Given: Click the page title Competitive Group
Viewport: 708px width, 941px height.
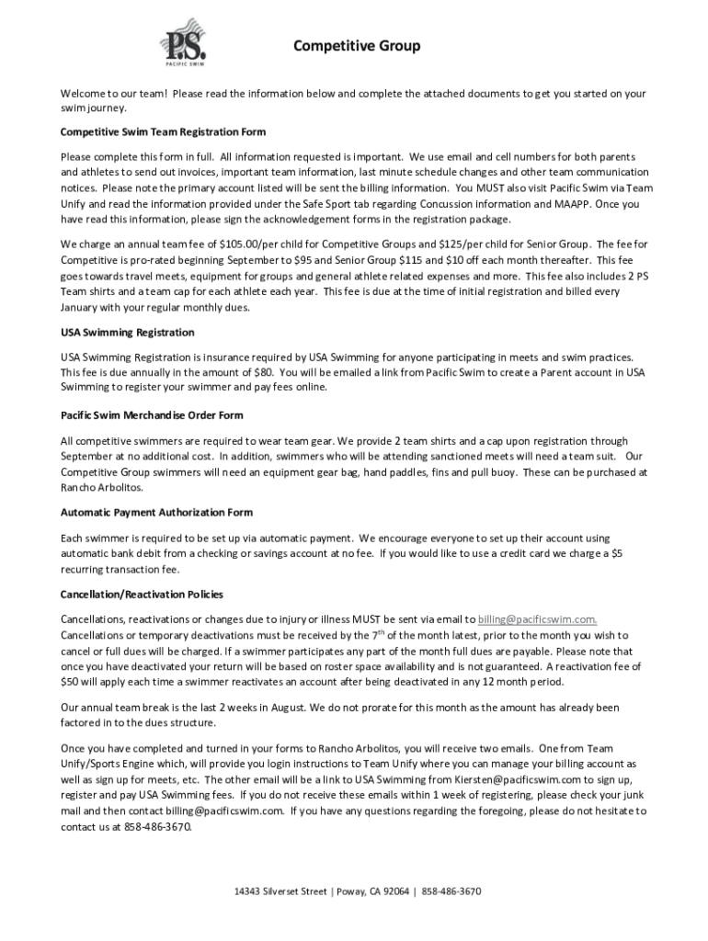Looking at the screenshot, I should [x=357, y=46].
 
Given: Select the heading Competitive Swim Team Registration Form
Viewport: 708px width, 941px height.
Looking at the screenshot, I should [x=163, y=131].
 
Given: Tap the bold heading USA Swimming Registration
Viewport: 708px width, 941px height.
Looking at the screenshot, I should [x=127, y=332].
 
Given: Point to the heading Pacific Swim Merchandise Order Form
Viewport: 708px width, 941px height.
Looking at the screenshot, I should [x=152, y=415].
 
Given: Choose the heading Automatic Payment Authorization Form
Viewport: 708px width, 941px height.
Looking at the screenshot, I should [x=156, y=512].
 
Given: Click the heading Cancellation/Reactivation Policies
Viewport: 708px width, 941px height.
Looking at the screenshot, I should [x=142, y=595].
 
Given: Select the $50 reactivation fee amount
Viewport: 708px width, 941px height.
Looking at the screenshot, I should [x=71, y=682].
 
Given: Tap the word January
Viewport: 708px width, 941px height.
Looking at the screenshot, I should [x=82, y=307].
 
